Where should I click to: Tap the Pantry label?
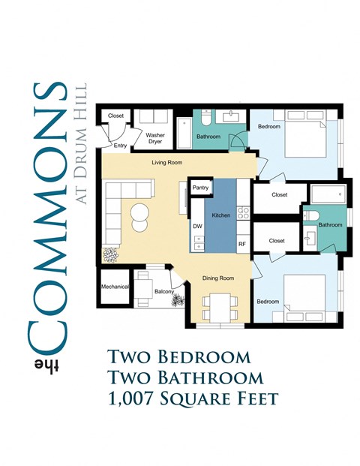(x=200, y=188)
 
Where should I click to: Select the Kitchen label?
(x=220, y=215)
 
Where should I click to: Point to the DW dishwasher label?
(x=198, y=226)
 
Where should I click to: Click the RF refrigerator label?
(x=242, y=244)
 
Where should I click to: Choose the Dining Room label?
(x=219, y=278)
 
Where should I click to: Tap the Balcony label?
(x=163, y=291)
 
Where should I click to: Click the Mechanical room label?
(x=115, y=287)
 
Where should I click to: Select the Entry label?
(x=121, y=146)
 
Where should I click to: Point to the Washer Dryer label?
(x=155, y=138)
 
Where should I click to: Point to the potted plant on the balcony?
(x=178, y=301)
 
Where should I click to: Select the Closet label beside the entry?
(x=115, y=116)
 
